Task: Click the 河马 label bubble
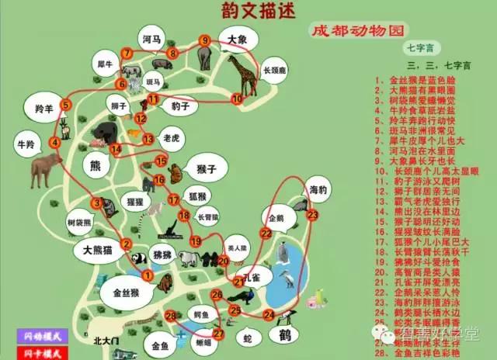(151, 39)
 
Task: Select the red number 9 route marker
(205, 40)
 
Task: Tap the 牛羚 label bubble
(26, 144)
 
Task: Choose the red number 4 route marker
(55, 143)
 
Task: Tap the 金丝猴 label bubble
(125, 293)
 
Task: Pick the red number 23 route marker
(312, 214)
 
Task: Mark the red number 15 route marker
(162, 161)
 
